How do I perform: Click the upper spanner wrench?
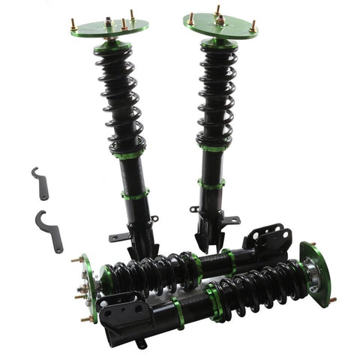[40, 182]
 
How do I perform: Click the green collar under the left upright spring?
[130, 154]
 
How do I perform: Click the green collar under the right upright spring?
[213, 148]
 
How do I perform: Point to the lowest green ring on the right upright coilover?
[211, 182]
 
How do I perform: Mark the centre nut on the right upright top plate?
[219, 20]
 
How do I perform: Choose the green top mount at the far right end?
[317, 274]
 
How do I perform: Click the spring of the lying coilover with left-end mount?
[150, 270]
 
